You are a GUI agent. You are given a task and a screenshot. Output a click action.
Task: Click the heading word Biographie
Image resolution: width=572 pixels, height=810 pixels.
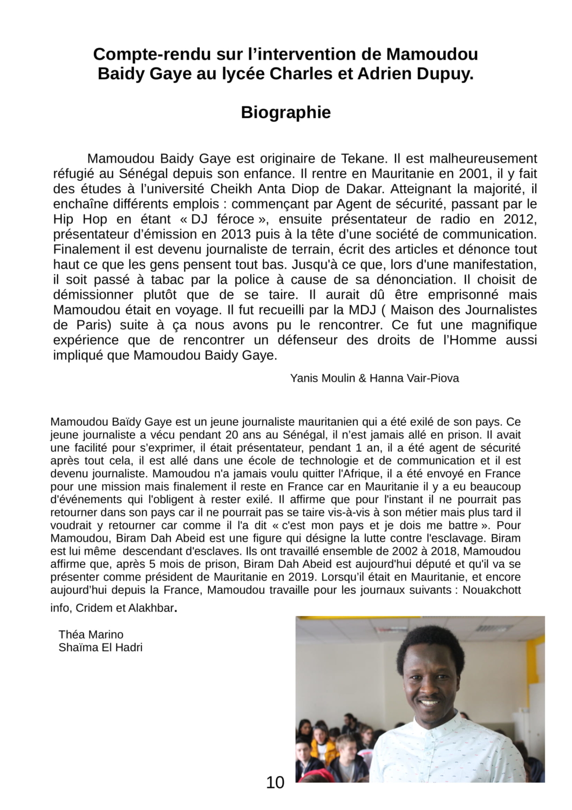[x=285, y=112]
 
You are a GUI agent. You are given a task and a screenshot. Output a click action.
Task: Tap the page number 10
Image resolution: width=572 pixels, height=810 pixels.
[x=275, y=782]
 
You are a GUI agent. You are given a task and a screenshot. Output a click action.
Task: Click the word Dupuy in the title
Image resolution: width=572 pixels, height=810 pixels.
[x=447, y=74]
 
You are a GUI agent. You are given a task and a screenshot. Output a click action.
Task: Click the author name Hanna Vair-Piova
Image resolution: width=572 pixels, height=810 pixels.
[x=414, y=378]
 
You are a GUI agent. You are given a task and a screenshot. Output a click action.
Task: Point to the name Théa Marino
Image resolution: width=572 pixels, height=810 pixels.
[x=91, y=634]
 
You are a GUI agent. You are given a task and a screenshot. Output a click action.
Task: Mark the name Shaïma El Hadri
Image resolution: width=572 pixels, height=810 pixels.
[x=100, y=647]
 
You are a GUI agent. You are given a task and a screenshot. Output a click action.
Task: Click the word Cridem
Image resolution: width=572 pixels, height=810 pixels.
[x=94, y=608]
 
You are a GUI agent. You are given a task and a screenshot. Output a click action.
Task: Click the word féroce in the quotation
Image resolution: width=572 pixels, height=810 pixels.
[x=234, y=219]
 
